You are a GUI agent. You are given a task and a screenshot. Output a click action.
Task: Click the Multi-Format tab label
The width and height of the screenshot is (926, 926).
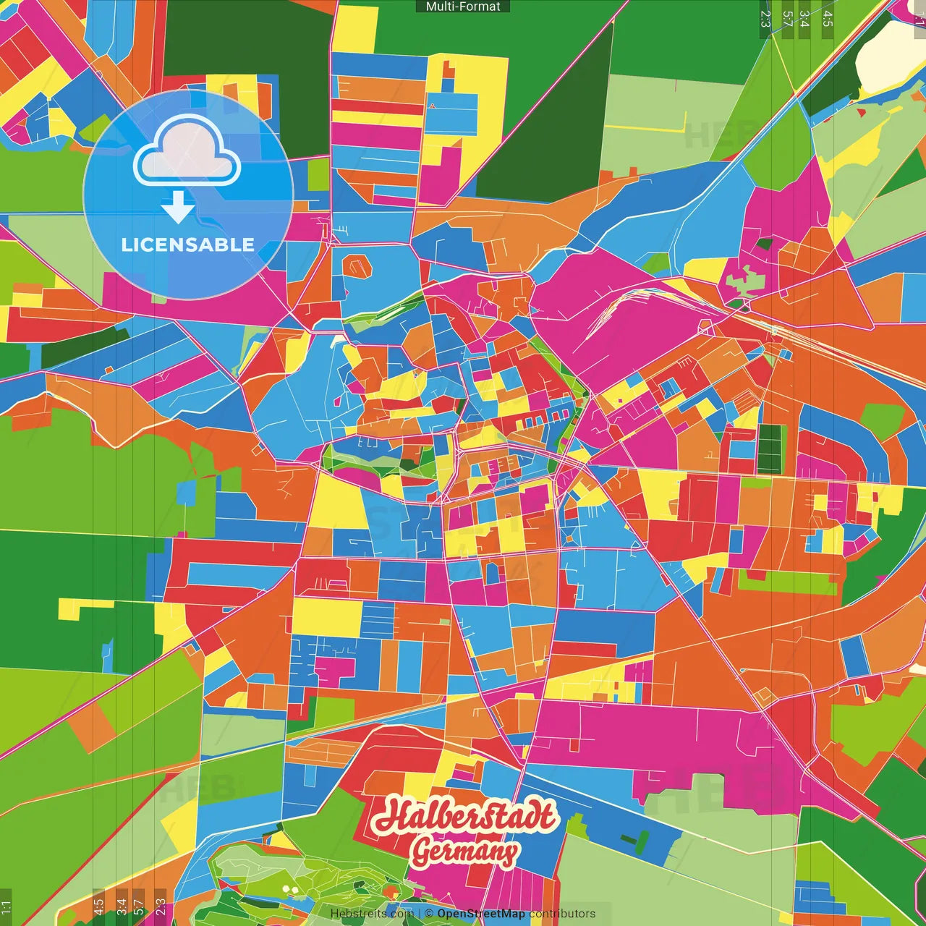[463, 7]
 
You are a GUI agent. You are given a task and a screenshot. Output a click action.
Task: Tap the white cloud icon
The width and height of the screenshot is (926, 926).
[187, 152]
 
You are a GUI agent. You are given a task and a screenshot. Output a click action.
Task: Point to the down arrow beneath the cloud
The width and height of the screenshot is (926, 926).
[178, 207]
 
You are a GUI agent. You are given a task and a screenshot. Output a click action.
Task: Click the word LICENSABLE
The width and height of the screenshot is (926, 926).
[187, 245]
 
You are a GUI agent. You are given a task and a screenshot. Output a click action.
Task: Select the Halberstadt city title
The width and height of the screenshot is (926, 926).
[466, 816]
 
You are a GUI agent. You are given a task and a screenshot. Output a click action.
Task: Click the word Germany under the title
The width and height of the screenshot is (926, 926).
[464, 851]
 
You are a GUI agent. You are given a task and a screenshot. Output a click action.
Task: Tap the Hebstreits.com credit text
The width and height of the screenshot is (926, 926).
[371, 914]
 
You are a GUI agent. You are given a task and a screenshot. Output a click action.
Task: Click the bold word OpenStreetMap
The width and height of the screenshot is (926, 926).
[480, 914]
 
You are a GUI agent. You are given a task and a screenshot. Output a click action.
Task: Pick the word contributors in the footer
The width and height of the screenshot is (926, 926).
[562, 914]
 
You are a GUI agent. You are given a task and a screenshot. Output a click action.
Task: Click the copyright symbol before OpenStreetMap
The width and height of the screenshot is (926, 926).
[428, 914]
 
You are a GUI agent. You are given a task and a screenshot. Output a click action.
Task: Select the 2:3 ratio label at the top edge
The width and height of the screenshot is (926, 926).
[765, 19]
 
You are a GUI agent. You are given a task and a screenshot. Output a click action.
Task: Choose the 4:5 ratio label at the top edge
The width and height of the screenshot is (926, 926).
[828, 19]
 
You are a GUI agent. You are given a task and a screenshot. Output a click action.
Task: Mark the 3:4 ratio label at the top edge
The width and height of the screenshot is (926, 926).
[804, 19]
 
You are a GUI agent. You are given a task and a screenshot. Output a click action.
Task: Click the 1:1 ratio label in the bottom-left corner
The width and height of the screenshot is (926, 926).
[6, 906]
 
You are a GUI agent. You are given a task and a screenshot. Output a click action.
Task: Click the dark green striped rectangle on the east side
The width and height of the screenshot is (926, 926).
[771, 448]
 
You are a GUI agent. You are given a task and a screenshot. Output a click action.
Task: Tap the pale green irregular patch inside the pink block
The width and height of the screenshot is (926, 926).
[742, 279]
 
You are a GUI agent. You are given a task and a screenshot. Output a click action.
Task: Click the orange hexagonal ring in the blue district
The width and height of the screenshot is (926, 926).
[356, 266]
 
